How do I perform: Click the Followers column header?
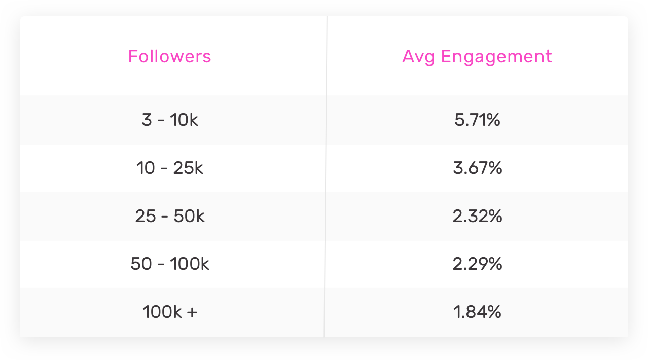pyautogui.click(x=169, y=56)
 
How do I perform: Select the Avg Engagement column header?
pyautogui.click(x=477, y=56)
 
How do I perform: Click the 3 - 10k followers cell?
pyautogui.click(x=169, y=121)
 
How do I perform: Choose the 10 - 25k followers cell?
pyautogui.click(x=169, y=168)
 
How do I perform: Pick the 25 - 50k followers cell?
pyautogui.click(x=169, y=217)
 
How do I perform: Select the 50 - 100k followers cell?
pyautogui.click(x=169, y=264)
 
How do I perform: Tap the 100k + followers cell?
pyautogui.click(x=169, y=312)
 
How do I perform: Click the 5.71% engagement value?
pyautogui.click(x=477, y=121)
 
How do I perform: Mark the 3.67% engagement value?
pyautogui.click(x=477, y=168)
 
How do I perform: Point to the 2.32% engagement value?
pyautogui.click(x=477, y=217)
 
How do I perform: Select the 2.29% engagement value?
pyautogui.click(x=477, y=264)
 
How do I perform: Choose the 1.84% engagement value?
pyautogui.click(x=477, y=312)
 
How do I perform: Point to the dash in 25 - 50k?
pyautogui.click(x=166, y=217)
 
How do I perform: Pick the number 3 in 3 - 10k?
pyautogui.click(x=147, y=121)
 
